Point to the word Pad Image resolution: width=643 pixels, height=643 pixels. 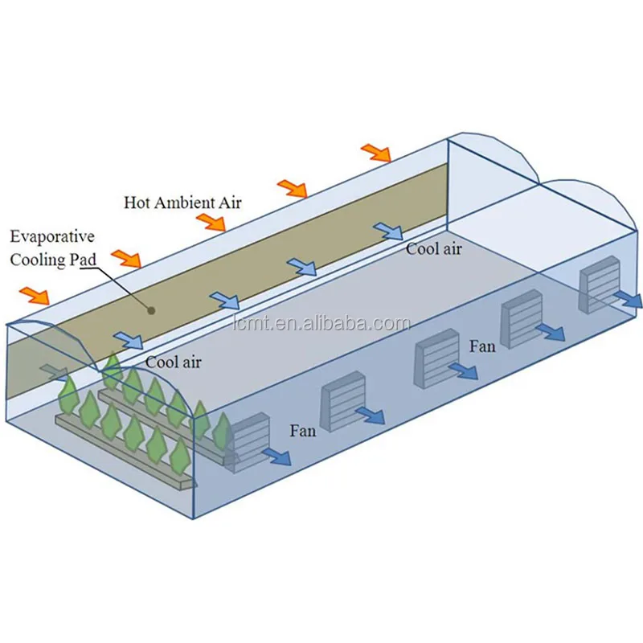click(x=83, y=258)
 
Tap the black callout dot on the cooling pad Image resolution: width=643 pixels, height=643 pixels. click(x=150, y=308)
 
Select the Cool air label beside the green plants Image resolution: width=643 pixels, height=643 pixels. click(x=174, y=362)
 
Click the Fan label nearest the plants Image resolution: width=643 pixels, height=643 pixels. click(x=303, y=431)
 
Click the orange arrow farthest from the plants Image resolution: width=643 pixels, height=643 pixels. click(x=375, y=152)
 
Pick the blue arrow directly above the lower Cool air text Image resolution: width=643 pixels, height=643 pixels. click(x=129, y=341)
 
